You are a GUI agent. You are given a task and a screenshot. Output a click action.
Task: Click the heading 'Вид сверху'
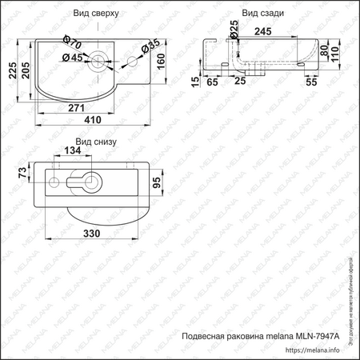97,14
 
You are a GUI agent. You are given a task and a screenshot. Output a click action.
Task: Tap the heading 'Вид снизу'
96,142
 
